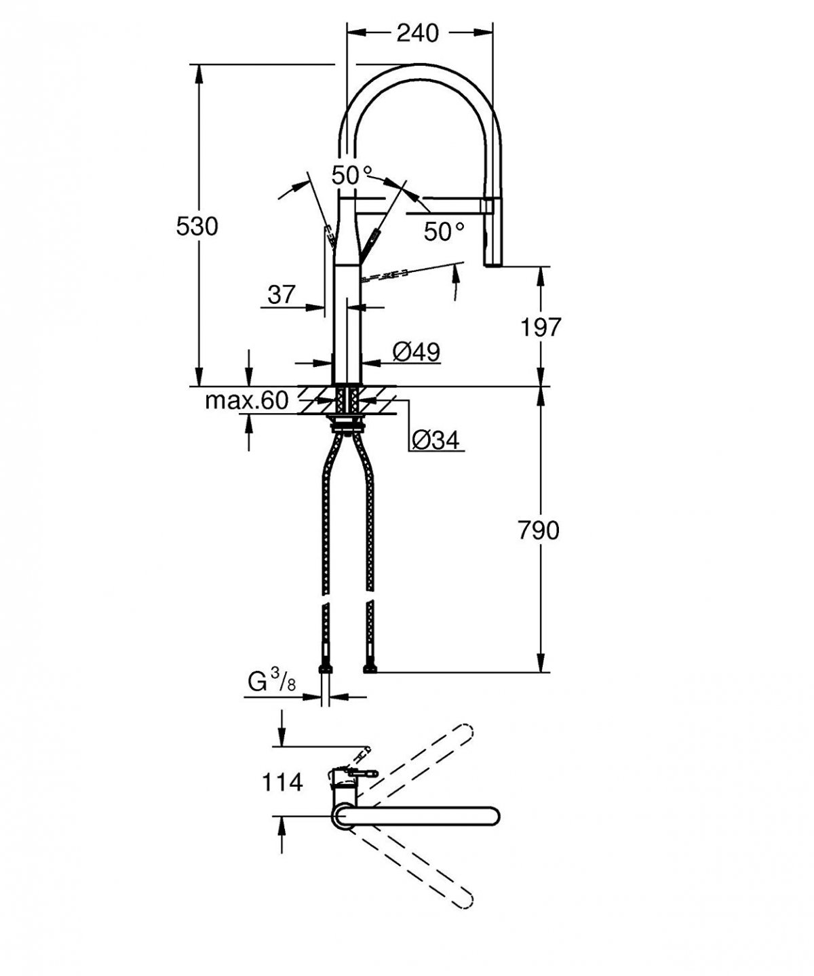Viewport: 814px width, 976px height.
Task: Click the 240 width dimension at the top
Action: click(417, 32)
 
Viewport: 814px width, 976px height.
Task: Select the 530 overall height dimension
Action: click(197, 227)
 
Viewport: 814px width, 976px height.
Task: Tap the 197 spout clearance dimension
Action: click(540, 328)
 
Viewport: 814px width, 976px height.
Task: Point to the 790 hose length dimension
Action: click(539, 530)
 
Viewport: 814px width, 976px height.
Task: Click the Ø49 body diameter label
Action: click(416, 351)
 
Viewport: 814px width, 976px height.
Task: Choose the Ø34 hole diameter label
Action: click(435, 441)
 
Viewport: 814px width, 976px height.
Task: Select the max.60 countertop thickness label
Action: click(247, 401)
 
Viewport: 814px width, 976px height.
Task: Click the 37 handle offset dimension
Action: click(281, 294)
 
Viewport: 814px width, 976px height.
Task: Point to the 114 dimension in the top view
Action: click(282, 782)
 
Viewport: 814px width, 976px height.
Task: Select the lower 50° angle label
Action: click(444, 232)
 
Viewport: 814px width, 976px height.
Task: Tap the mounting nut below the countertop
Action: click(349, 425)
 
